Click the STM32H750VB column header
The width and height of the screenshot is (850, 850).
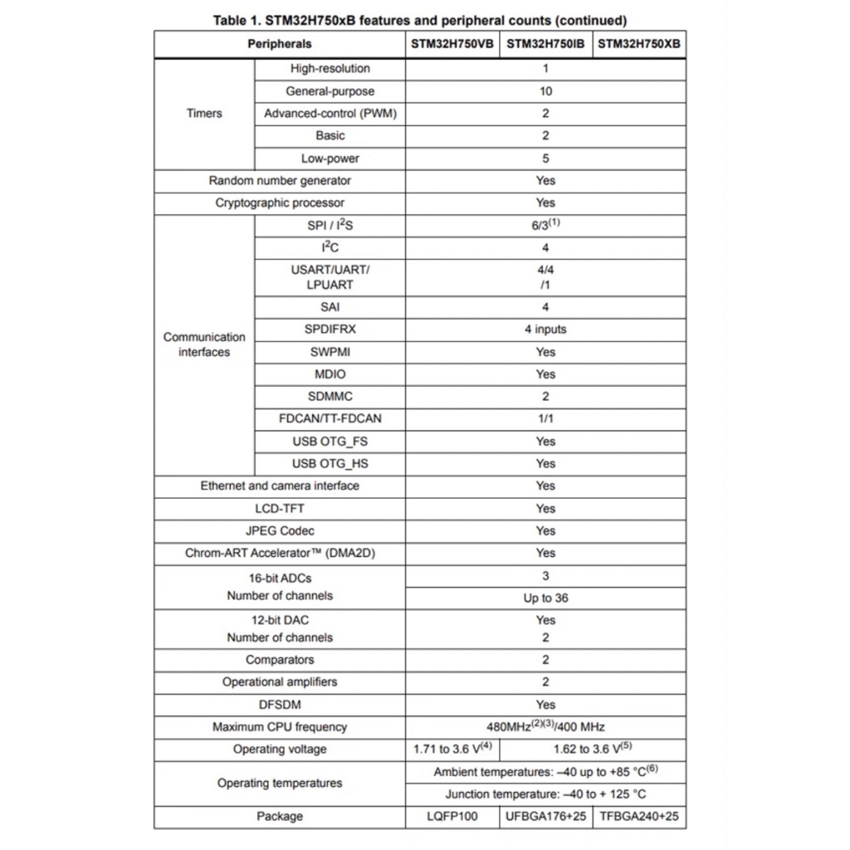point(452,44)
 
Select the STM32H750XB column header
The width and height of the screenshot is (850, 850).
point(639,44)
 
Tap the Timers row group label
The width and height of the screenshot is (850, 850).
point(204,114)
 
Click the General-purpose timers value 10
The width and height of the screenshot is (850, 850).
point(545,91)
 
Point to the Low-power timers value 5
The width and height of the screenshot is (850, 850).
point(545,159)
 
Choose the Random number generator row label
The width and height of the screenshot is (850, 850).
point(280,181)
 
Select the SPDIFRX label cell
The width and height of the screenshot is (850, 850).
point(330,330)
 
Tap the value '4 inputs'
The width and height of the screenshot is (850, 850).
point(545,330)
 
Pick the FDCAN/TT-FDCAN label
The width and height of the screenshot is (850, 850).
point(330,419)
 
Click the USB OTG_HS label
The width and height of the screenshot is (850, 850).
point(330,464)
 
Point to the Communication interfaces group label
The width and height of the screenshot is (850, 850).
point(204,344)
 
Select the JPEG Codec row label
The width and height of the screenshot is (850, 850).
point(280,531)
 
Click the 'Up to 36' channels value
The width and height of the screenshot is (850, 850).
point(545,598)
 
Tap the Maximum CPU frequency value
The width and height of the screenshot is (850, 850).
point(545,727)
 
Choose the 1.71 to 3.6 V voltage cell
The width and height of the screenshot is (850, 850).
point(452,750)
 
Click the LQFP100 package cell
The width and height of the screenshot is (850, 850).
point(452,817)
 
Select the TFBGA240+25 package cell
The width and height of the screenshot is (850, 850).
point(639,817)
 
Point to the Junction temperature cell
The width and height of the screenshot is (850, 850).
point(545,794)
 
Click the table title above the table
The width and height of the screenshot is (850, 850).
point(420,21)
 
